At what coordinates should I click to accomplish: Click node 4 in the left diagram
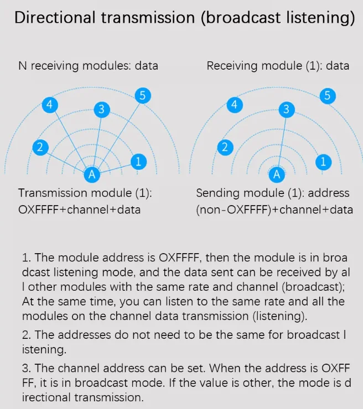[x=50, y=104]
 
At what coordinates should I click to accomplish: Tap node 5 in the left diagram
[x=143, y=96]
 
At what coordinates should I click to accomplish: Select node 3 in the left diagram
[x=101, y=109]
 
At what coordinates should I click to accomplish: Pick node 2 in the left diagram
[x=40, y=147]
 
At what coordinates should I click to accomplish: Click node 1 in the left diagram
[x=138, y=161]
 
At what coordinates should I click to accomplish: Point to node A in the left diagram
[x=92, y=175]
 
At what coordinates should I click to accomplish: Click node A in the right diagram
[x=278, y=175]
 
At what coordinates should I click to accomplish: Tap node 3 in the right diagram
[x=286, y=109]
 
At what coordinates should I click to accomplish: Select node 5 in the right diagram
[x=328, y=96]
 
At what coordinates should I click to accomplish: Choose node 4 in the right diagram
[x=235, y=104]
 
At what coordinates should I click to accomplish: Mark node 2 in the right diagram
[x=225, y=147]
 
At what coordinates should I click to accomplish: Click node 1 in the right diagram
[x=324, y=161]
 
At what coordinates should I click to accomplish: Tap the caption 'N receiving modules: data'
[x=88, y=66]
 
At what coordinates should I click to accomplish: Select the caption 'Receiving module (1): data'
[x=278, y=66]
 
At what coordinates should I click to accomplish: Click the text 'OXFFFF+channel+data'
[x=79, y=209]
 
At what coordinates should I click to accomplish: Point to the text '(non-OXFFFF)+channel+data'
[x=274, y=209]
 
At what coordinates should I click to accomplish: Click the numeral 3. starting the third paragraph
[x=26, y=369]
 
